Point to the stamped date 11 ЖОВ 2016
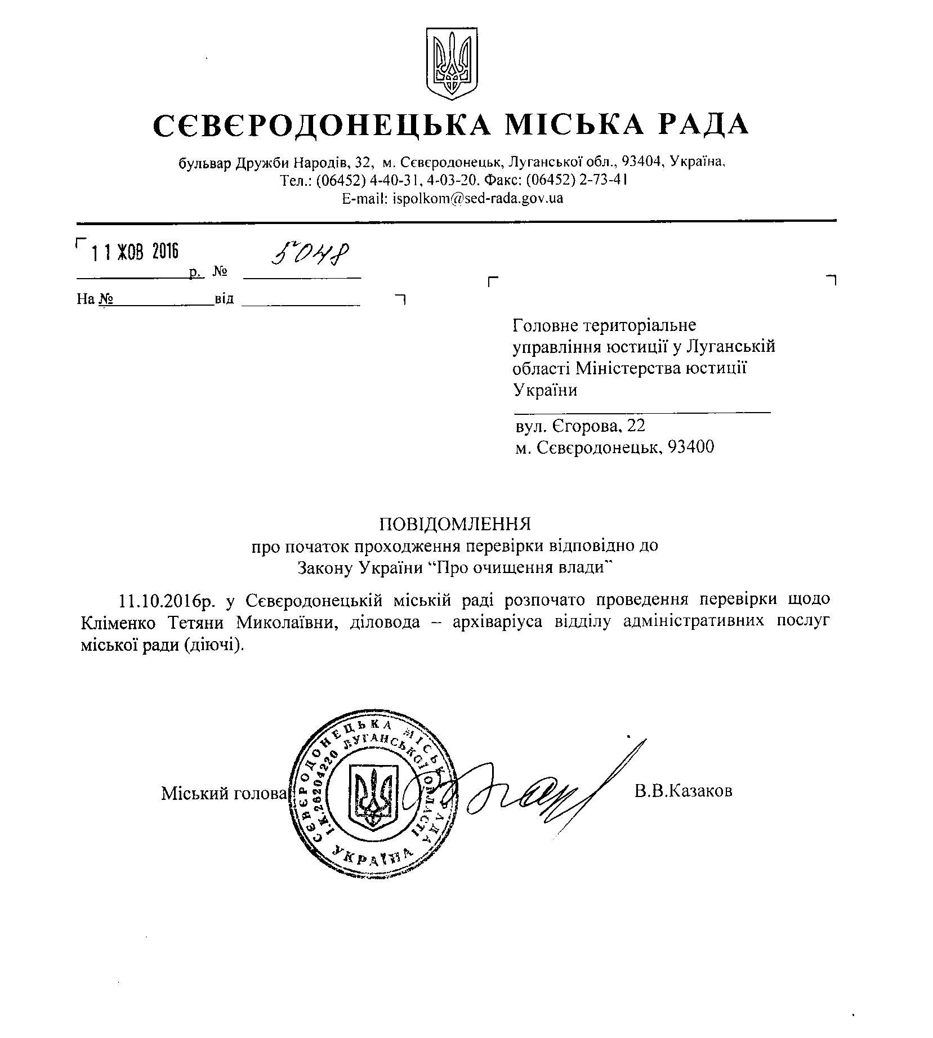click(135, 252)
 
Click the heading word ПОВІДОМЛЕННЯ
click(455, 524)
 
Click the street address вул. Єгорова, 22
click(580, 426)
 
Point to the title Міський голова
click(224, 793)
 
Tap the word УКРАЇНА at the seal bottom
click(372, 857)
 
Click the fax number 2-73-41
click(605, 180)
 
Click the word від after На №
click(224, 299)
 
